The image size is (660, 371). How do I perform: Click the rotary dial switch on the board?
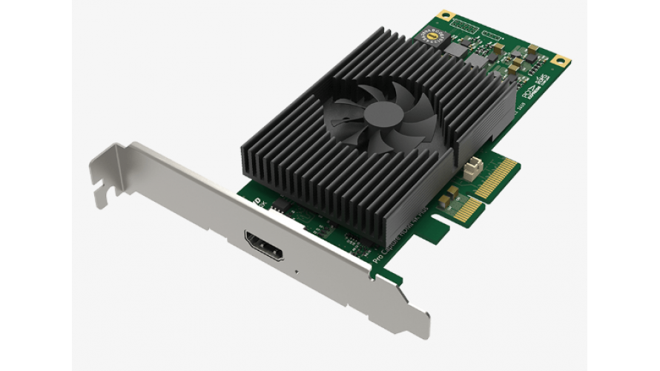[431, 36]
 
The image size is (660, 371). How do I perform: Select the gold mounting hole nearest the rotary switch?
[445, 14]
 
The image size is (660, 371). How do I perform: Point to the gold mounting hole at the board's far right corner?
[561, 60]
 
